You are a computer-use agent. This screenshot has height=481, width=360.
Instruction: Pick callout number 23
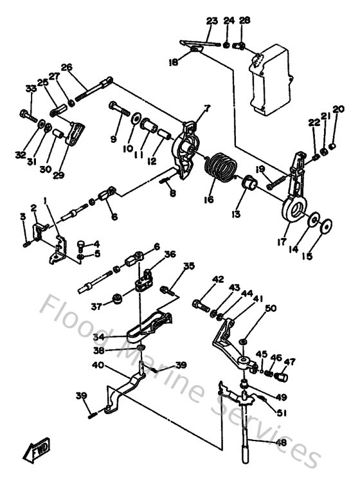click(212, 22)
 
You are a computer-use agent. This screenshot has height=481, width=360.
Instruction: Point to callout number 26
click(66, 68)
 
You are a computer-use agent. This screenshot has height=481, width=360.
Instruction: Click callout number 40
click(98, 365)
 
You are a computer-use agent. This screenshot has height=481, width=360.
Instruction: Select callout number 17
click(280, 242)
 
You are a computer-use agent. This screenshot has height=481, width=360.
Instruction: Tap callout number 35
click(188, 266)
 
